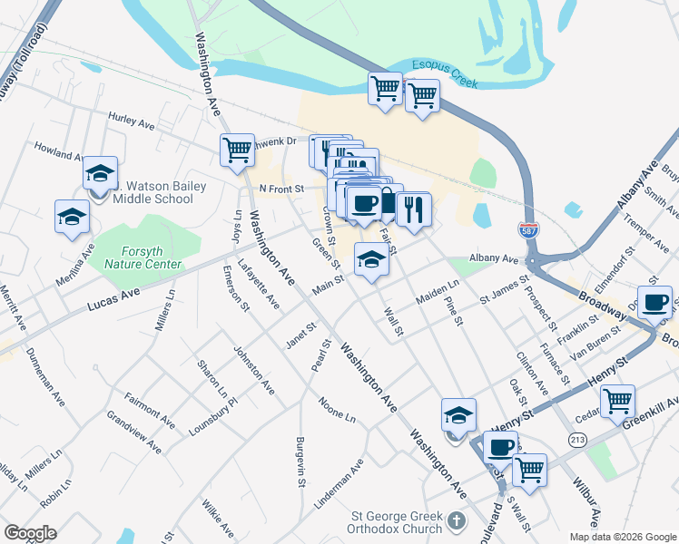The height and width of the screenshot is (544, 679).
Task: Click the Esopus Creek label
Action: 445,73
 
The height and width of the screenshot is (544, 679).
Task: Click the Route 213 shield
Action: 576,440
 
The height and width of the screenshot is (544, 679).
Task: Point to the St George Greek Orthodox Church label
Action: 397,523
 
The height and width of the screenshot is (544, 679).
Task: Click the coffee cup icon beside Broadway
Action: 654,303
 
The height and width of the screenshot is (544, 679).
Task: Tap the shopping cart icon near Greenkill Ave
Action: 618,399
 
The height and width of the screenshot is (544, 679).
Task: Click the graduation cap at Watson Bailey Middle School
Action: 100,172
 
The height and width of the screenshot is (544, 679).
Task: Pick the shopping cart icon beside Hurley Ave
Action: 237,150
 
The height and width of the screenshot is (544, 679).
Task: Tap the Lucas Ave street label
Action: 113,295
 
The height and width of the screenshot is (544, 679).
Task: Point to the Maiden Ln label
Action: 438,291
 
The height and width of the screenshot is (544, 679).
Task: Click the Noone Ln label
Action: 336,408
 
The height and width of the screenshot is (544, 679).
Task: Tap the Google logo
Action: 30,533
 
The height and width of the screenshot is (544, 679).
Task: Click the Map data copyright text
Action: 623,537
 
